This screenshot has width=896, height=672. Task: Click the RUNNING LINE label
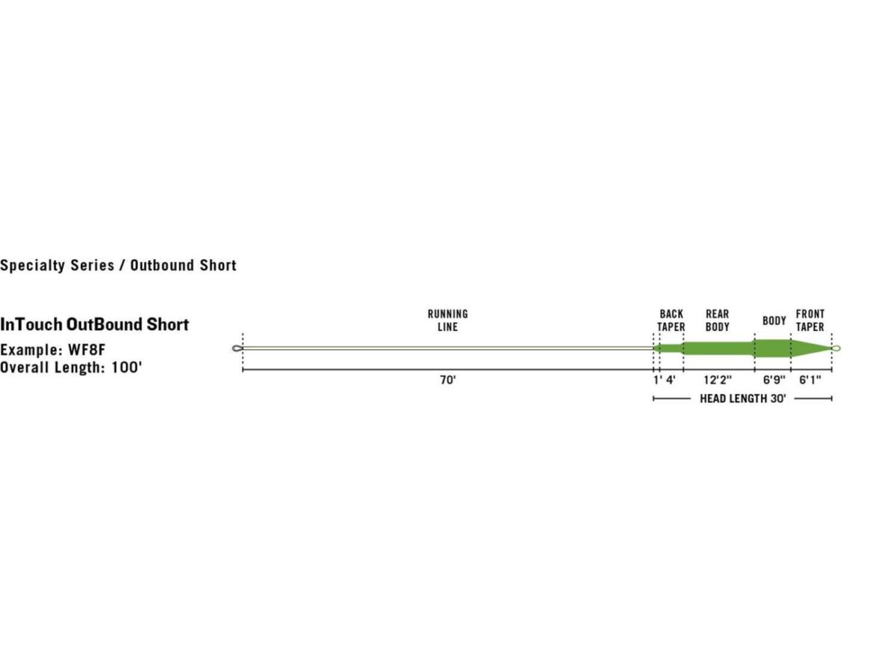[447, 320]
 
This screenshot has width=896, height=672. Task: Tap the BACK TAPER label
[671, 320]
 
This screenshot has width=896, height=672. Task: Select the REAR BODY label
[718, 320]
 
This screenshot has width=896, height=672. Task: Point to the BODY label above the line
[774, 321]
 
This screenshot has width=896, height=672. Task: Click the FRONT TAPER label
[810, 320]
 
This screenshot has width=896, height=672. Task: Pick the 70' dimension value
[448, 380]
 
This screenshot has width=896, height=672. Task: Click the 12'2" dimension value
[718, 380]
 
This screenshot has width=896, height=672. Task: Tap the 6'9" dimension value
[774, 380]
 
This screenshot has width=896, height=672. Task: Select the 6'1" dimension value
[810, 380]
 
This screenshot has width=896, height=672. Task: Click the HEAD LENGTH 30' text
[742, 398]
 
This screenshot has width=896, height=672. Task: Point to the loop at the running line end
[237, 348]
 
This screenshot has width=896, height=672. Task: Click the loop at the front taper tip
[836, 348]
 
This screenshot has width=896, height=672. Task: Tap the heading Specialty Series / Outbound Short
[119, 265]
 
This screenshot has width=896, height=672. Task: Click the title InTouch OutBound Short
[94, 324]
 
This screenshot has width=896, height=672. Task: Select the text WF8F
[87, 349]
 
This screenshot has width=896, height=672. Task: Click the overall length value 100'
[126, 367]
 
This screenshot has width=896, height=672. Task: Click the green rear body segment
[719, 348]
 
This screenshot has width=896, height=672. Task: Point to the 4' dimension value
[671, 380]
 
